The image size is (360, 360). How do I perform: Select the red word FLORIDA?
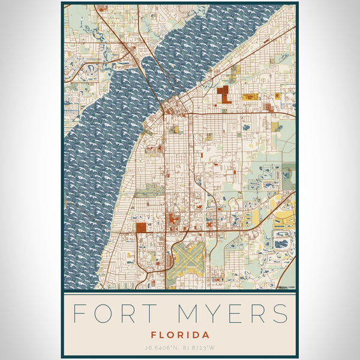[x=180, y=335]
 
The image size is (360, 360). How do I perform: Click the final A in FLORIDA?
[x=206, y=335]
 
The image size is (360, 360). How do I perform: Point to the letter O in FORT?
[x=102, y=313]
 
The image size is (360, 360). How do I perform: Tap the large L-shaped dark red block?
[x=224, y=95]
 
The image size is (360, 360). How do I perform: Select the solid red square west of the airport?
[x=141, y=227]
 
